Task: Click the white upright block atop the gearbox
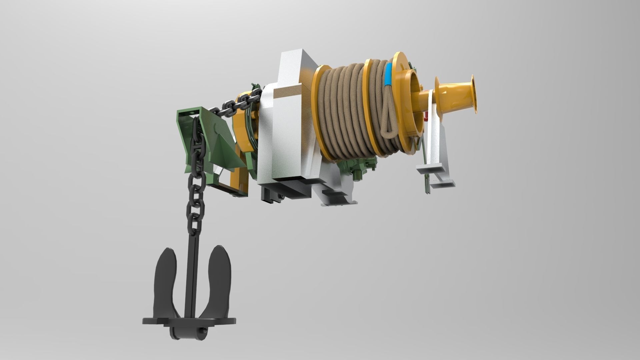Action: coord(293,67)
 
